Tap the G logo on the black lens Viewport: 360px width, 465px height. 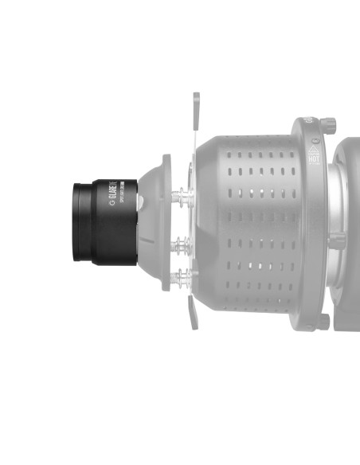click(x=112, y=204)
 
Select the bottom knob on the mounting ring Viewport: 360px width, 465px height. click(x=324, y=322)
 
